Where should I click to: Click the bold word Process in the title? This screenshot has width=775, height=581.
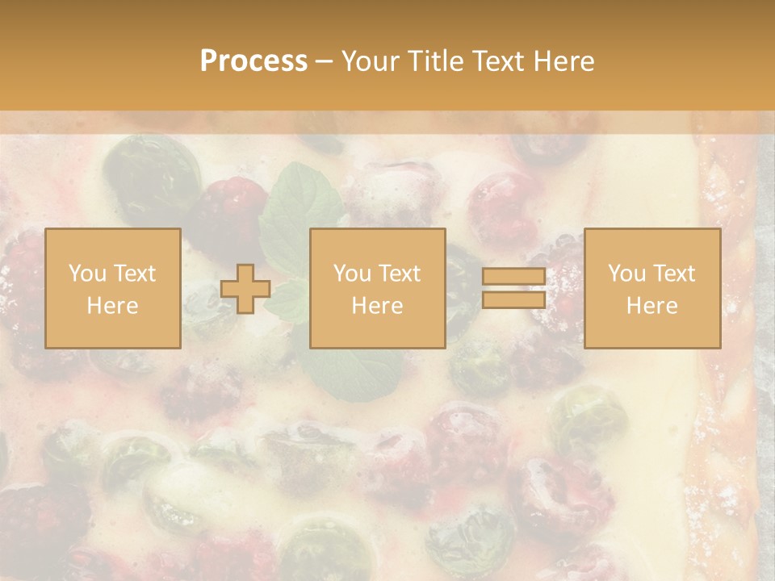click(x=253, y=61)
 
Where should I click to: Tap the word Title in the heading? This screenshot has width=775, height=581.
click(x=434, y=61)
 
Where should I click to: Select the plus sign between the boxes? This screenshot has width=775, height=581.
click(x=245, y=289)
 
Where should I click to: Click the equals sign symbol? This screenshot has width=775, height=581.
click(x=513, y=288)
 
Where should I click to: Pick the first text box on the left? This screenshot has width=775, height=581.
click(x=113, y=288)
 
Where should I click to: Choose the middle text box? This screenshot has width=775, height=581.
click(x=378, y=288)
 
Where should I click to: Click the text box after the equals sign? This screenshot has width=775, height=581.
click(x=652, y=288)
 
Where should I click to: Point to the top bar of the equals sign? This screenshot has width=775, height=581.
click(x=513, y=277)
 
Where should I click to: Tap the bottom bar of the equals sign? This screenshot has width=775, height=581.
click(x=513, y=299)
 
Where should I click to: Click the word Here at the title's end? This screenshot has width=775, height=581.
click(x=563, y=61)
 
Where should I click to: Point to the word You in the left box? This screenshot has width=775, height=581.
click(x=86, y=274)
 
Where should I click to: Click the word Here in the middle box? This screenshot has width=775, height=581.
click(x=378, y=305)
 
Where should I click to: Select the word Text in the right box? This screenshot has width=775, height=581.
click(x=675, y=274)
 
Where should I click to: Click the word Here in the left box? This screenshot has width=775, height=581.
click(x=113, y=305)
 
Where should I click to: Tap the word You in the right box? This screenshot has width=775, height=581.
click(x=626, y=274)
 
